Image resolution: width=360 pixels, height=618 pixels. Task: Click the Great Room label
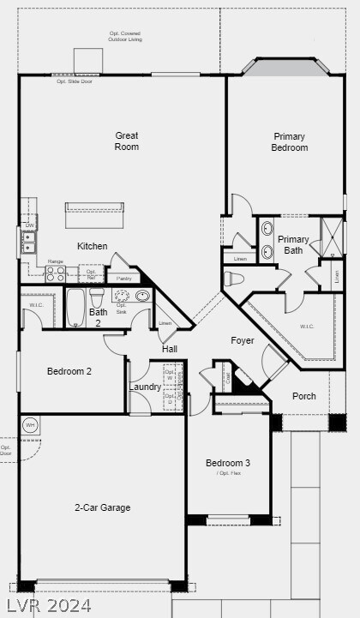127,141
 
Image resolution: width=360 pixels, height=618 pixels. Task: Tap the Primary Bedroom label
290,142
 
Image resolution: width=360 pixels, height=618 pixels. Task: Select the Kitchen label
93,246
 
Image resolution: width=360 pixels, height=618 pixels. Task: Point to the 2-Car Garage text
102,507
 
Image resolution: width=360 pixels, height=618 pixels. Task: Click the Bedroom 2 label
69,371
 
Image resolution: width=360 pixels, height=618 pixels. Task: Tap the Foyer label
243,340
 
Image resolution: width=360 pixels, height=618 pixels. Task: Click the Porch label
304,396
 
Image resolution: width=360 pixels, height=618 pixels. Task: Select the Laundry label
146,387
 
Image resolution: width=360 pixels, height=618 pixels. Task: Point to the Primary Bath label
293,245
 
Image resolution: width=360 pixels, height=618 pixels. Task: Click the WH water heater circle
30,425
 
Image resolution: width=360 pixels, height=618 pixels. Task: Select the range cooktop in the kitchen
56,274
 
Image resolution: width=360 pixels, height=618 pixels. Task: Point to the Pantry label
123,278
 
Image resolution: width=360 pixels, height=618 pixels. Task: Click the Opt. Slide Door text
74,81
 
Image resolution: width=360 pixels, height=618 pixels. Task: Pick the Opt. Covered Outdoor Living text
125,36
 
